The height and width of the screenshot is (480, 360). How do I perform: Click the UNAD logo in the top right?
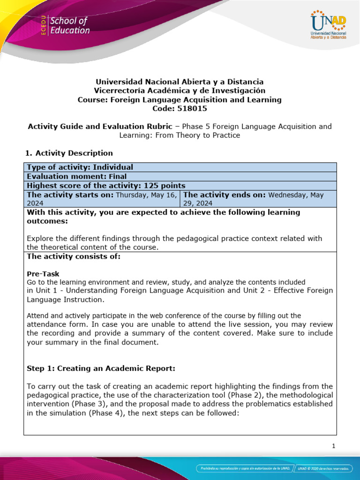pos(328,26)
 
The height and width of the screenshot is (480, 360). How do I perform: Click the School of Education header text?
pos(69,26)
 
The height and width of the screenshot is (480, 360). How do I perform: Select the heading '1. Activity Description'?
pos(68,153)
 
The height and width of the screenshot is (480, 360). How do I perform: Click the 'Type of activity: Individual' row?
pos(80,167)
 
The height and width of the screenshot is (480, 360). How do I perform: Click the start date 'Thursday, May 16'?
pos(146,195)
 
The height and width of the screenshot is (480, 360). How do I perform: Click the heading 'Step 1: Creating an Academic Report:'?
pos(101,368)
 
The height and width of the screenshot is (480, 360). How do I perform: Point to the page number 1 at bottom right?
pos(333,446)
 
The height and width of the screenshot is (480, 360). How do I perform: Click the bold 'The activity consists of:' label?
pos(67,256)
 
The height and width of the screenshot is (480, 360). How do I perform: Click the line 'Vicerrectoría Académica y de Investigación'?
pos(180,90)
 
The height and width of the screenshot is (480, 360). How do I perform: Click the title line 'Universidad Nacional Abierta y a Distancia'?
pos(180,82)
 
